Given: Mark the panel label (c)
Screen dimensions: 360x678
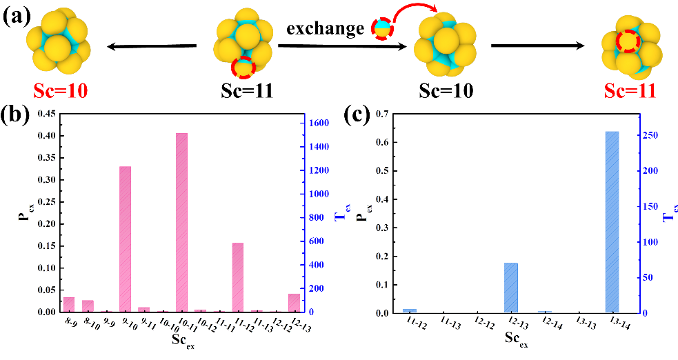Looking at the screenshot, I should pyautogui.click(x=359, y=114).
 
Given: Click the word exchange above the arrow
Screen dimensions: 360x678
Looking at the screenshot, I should pyautogui.click(x=325, y=28).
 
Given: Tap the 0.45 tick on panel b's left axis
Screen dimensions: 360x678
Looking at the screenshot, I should pyautogui.click(x=43, y=114).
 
